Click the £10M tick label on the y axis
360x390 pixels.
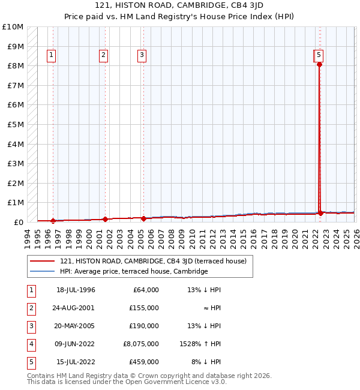tap(13, 27)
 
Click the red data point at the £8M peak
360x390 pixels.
tap(319, 65)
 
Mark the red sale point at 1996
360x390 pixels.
tap(53, 221)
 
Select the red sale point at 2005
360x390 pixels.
tap(143, 218)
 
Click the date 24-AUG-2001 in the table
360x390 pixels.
tap(76, 308)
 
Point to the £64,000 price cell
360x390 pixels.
tap(146, 290)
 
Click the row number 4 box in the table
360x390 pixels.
tap(31, 344)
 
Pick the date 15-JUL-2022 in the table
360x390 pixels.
tap(76, 362)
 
